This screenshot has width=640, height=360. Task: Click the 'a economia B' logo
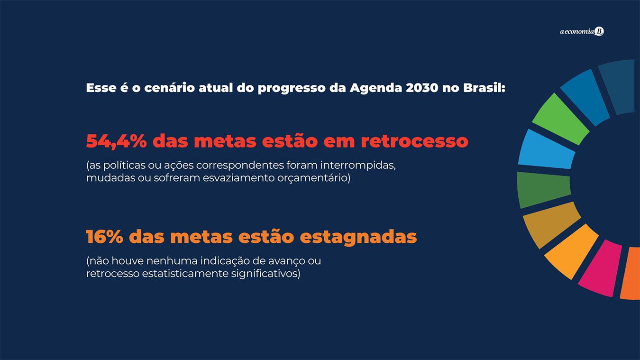point(582,31)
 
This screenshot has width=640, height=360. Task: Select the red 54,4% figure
point(116,141)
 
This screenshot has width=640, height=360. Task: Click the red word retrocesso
point(414,141)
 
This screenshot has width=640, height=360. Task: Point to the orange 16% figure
point(105,237)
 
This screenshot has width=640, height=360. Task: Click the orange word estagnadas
point(358,237)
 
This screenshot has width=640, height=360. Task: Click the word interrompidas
point(358,165)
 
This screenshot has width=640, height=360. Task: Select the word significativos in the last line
point(265,274)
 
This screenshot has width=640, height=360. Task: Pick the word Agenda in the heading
point(376,88)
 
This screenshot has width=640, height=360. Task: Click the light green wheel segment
point(560,119)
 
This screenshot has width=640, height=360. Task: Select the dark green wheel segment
point(544,189)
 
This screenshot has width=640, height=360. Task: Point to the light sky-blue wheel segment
point(546,149)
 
